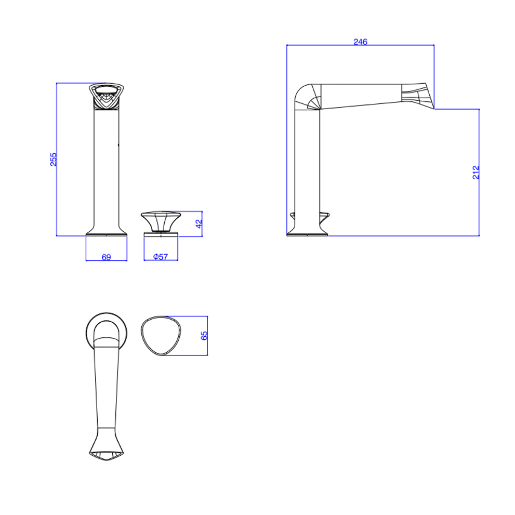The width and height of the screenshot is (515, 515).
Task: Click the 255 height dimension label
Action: pos(53,160)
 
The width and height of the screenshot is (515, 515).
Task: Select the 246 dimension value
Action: pos(360,42)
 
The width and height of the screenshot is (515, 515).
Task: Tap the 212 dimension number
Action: pos(476,173)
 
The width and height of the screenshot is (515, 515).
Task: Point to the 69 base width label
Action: pos(106,257)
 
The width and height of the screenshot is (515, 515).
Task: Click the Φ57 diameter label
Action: pos(161,257)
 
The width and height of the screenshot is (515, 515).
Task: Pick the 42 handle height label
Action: pos(199,223)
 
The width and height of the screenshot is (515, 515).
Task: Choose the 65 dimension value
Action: pos(204,336)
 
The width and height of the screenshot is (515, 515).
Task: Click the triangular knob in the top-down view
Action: pos(161,336)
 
